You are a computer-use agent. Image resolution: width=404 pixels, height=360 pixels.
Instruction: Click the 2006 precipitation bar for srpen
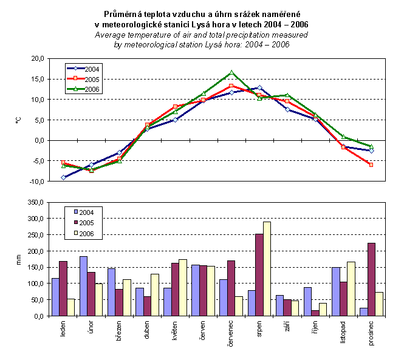point(267,269)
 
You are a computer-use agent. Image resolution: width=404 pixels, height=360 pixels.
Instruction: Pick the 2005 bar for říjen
point(315,313)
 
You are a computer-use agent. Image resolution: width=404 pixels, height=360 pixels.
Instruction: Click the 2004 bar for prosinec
point(363,312)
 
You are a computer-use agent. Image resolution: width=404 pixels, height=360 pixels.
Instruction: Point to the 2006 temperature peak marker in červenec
point(231,73)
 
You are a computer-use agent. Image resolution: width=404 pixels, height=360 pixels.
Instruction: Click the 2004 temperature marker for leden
point(63,177)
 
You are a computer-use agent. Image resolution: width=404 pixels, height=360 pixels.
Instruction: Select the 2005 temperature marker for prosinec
point(371,165)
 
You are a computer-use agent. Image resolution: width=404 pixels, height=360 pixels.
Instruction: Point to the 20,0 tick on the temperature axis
point(38,58)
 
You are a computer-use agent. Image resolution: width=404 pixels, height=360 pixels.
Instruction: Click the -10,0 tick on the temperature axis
point(36,182)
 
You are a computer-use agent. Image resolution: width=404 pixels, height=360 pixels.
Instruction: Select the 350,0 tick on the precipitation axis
point(36,202)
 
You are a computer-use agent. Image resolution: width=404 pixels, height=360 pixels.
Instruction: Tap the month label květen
point(176,331)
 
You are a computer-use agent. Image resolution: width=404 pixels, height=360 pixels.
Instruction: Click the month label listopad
point(343,333)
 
